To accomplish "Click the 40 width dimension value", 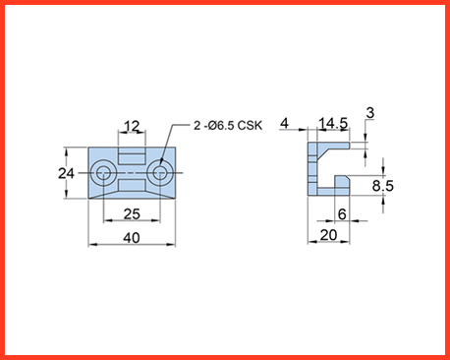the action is [132, 238].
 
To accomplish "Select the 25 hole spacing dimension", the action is [132, 214].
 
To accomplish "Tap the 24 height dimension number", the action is [66, 173].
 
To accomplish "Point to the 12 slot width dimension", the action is [132, 126].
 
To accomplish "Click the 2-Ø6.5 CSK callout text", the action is [228, 125].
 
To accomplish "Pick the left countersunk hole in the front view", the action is [103, 173].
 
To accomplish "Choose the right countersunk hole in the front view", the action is [159, 173].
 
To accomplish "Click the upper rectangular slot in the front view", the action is [132, 156].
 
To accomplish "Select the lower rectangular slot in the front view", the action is [132, 185].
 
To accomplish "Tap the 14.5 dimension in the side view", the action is [333, 124].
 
